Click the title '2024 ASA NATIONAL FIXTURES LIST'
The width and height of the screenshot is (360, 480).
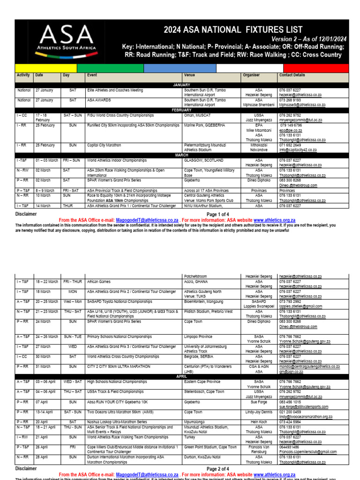coord(233,30)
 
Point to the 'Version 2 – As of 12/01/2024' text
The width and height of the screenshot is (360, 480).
coord(309,39)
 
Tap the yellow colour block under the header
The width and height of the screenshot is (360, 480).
coord(45,68)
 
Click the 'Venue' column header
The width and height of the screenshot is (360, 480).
coord(189,75)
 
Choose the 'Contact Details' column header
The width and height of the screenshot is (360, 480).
coord(292,75)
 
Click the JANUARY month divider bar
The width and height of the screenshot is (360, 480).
coord(182,84)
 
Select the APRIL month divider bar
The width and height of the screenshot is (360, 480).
coord(182,376)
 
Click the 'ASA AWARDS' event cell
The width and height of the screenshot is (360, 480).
coord(100,100)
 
